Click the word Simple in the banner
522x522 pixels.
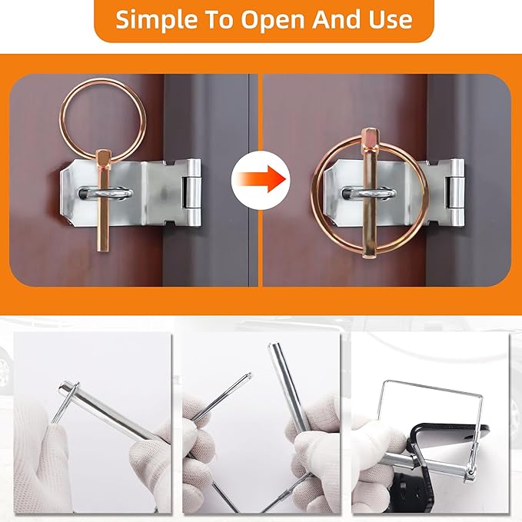tap(155, 19)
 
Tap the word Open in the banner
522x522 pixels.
tap(273, 20)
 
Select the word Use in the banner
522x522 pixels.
tap(391, 19)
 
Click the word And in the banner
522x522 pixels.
tap(337, 19)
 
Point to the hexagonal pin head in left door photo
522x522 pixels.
tap(105, 158)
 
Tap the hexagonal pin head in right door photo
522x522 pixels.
tap(371, 138)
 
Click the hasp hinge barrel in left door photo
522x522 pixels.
tap(191, 193)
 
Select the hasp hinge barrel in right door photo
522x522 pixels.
tap(455, 193)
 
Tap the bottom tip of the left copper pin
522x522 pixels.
tap(102, 251)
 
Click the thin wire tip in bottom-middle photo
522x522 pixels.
tap(248, 375)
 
